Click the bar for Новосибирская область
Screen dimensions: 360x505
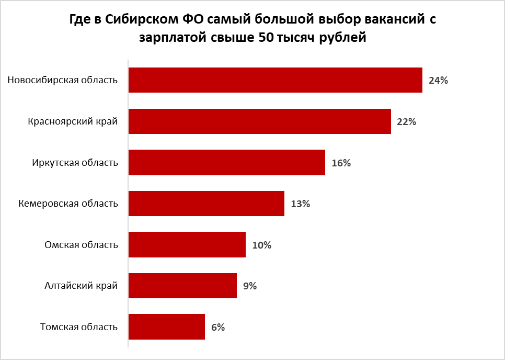click(275, 80)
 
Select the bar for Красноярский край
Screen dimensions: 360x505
click(259, 121)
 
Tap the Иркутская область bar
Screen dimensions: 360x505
click(226, 162)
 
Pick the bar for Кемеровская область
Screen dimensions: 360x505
click(206, 204)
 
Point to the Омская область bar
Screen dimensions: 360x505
click(187, 244)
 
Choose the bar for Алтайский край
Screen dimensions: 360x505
click(182, 286)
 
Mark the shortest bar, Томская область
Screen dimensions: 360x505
click(166, 327)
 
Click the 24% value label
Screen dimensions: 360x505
click(438, 81)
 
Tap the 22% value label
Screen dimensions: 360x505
click(406, 122)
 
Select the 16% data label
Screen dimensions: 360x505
click(341, 163)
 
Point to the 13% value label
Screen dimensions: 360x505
click(300, 204)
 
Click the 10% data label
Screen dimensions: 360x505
click(261, 245)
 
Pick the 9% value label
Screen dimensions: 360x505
click(250, 286)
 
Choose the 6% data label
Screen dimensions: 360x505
click(218, 328)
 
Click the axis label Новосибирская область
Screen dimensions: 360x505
click(63, 80)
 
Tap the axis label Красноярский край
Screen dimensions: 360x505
click(73, 121)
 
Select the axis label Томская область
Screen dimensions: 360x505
click(79, 327)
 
